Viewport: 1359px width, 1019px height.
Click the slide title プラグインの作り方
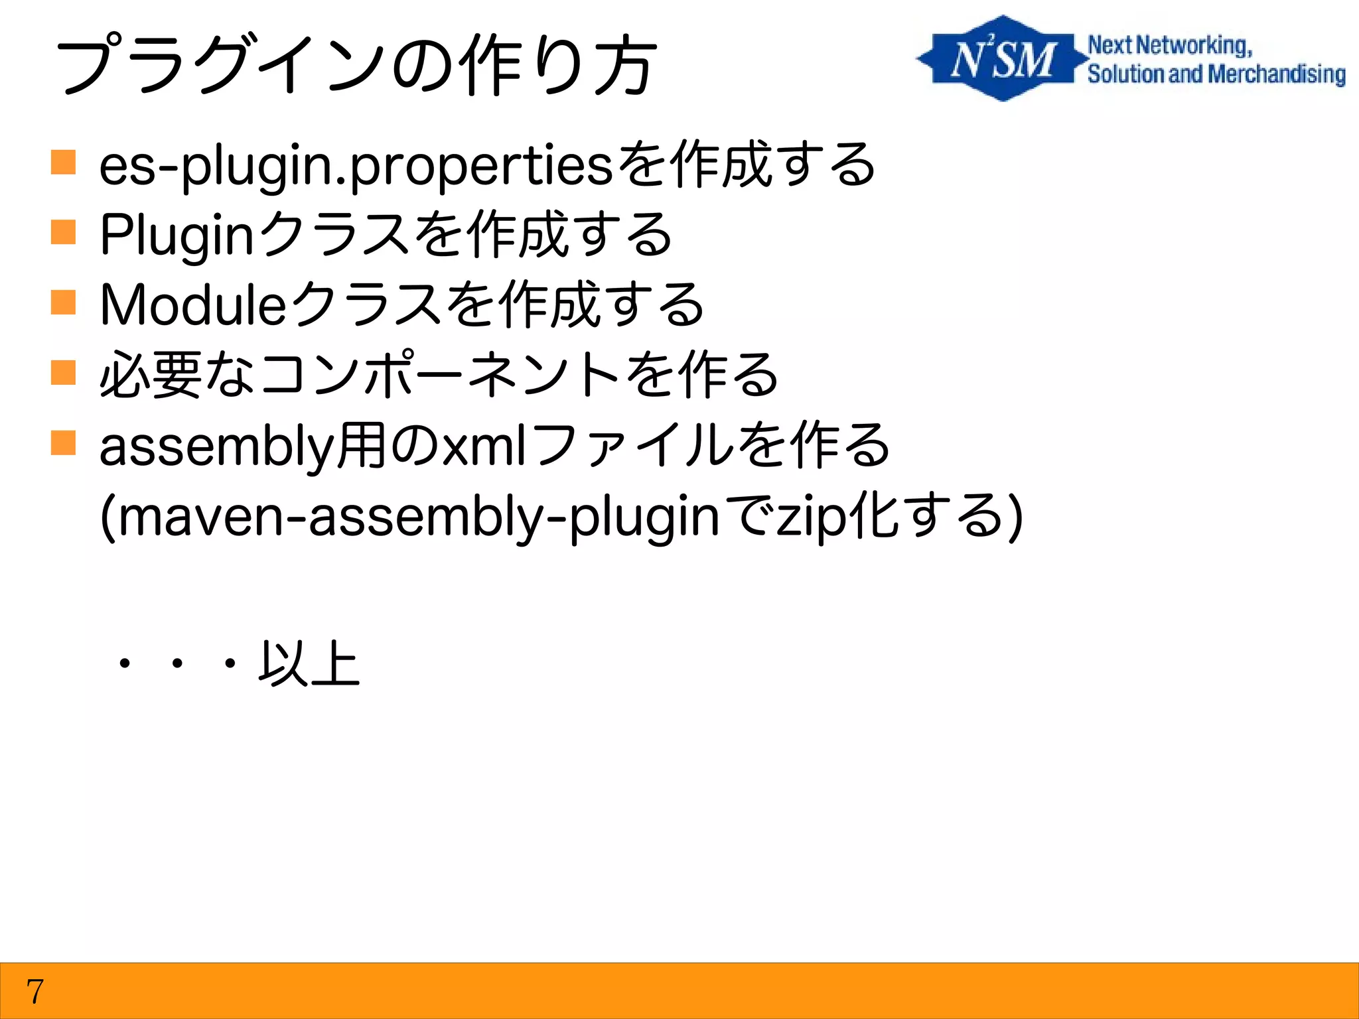[357, 66]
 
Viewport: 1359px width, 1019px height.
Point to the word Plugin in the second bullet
[177, 236]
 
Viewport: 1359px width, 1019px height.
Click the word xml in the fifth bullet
[484, 446]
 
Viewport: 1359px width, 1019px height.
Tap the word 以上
[309, 663]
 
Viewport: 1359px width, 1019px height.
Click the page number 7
[35, 992]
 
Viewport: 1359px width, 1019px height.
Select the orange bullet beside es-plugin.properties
[63, 163]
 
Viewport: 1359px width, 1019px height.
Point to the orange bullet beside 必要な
[63, 373]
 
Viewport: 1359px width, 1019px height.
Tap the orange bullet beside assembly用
[63, 443]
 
